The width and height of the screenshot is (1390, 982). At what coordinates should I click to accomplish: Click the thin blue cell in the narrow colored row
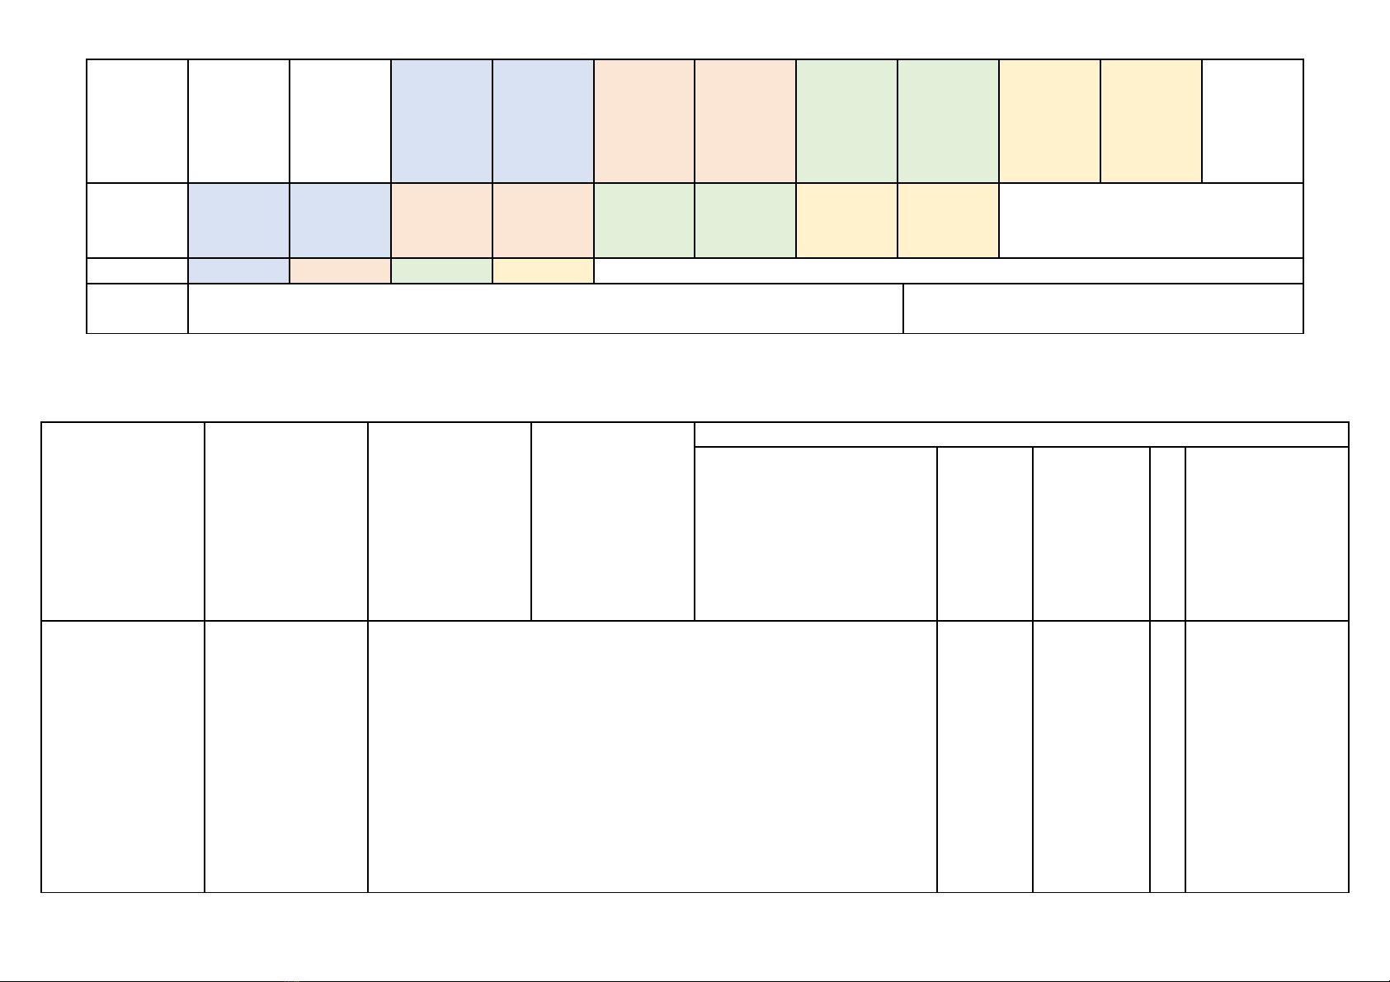[238, 270]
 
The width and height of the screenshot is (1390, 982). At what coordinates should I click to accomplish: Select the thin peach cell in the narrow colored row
[340, 270]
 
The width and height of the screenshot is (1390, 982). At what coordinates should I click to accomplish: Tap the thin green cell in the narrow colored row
[441, 270]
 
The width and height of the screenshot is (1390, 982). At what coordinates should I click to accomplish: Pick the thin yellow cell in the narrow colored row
[543, 270]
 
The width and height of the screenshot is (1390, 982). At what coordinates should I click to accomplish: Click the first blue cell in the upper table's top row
[441, 120]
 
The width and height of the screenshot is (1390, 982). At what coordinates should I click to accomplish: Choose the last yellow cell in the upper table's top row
[1151, 120]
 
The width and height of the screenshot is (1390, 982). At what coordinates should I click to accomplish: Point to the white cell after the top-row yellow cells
[1252, 120]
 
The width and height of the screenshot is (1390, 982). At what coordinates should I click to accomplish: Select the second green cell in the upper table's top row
[948, 120]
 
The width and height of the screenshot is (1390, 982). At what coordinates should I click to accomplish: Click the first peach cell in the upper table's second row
[441, 220]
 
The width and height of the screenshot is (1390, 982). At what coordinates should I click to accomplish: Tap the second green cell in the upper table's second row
[745, 220]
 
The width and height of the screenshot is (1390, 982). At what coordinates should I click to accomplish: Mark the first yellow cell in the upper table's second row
[846, 220]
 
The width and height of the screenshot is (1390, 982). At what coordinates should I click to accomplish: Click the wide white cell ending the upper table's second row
[1151, 220]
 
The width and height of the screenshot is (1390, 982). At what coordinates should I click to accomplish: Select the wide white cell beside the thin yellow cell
[948, 270]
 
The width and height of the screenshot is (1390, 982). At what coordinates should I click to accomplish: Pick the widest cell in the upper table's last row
[545, 308]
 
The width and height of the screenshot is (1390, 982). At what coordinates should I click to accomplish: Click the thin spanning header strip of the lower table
[1021, 435]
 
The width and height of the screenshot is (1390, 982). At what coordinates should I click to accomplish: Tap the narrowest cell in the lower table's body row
[1167, 756]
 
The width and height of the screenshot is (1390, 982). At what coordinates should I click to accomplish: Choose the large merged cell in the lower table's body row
[652, 756]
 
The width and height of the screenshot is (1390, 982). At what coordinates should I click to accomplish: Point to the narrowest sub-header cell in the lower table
[1167, 533]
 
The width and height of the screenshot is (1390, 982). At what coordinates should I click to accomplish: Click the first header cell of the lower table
[123, 521]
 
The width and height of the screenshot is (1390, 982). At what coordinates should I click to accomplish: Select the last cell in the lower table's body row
[1266, 756]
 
